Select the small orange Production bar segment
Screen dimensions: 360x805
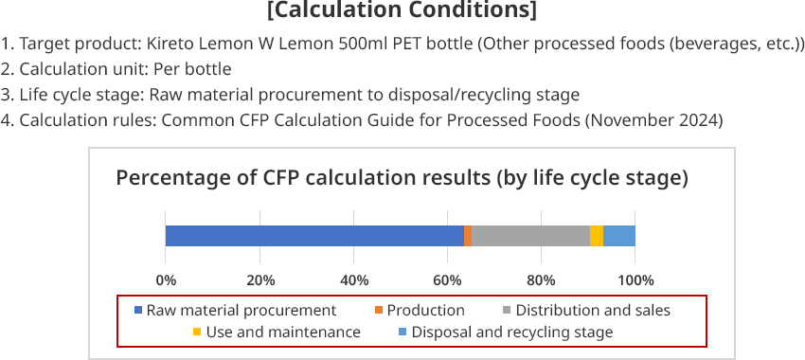[468, 236]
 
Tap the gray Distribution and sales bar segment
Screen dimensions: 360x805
[530, 236]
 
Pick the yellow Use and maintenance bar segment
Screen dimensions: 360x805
[597, 236]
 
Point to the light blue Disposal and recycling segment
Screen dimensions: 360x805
[619, 236]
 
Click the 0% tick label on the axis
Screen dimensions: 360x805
[166, 279]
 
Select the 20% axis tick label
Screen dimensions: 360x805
[260, 279]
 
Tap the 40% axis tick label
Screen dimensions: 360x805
[354, 279]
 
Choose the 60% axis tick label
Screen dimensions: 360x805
[448, 279]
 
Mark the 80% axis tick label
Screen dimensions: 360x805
[542, 279]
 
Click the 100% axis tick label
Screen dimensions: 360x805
[635, 279]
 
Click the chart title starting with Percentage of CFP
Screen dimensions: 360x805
[402, 178]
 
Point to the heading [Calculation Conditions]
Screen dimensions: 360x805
[402, 12]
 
